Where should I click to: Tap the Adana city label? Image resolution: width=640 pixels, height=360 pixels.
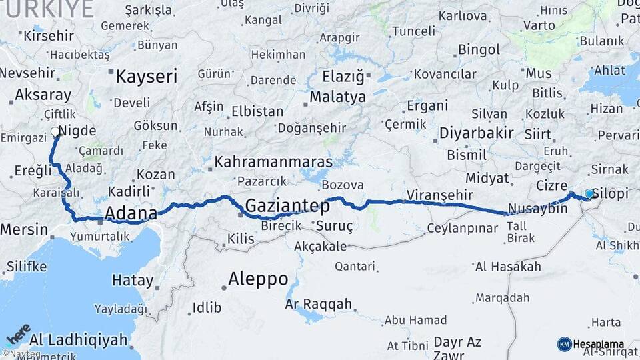(x=131, y=214)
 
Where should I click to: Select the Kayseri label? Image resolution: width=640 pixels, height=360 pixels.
(x=147, y=76)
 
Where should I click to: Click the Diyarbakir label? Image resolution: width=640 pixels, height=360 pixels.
(x=475, y=133)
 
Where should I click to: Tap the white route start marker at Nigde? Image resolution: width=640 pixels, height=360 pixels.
(x=54, y=132)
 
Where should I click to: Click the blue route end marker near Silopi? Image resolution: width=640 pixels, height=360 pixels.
(x=589, y=193)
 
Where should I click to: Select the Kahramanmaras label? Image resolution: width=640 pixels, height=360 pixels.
(x=273, y=162)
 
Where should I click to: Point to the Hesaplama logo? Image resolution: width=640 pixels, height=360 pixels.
(x=591, y=344)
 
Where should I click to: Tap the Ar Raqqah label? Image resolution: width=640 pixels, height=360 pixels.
(x=318, y=304)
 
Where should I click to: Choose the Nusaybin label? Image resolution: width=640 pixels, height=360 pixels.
(x=537, y=209)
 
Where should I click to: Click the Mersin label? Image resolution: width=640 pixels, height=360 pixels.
(x=24, y=229)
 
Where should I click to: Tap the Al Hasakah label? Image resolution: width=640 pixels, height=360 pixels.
(x=507, y=267)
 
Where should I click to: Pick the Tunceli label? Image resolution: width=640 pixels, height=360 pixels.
(x=413, y=31)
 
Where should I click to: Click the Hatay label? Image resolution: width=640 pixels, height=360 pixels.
(x=133, y=280)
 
